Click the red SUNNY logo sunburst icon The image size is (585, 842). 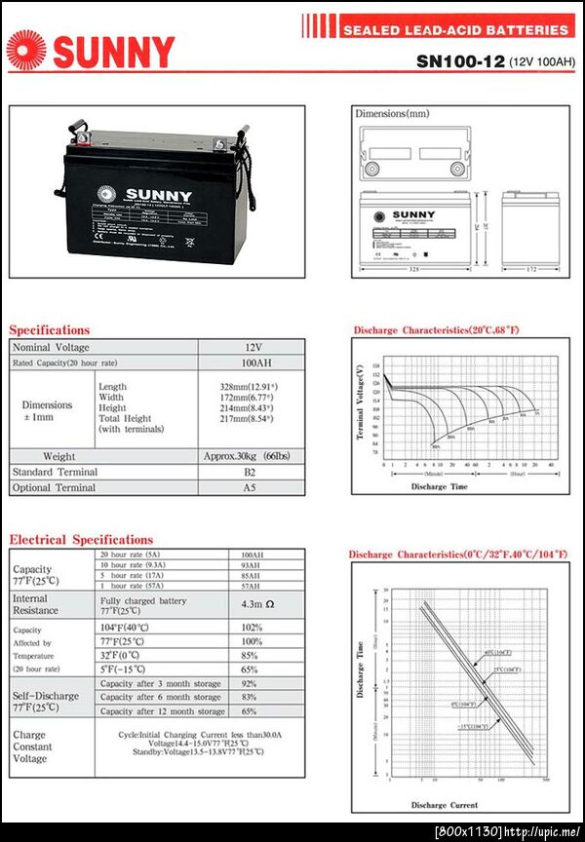click(x=26, y=50)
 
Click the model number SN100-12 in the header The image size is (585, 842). click(x=460, y=60)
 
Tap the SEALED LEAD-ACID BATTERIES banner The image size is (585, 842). click(x=455, y=30)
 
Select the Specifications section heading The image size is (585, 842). click(x=50, y=329)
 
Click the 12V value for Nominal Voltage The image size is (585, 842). click(x=253, y=347)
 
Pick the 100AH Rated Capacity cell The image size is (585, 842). click(x=253, y=364)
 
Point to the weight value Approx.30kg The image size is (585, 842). click(x=253, y=456)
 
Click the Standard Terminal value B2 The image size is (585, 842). click(x=253, y=472)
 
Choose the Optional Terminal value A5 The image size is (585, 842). click(x=253, y=487)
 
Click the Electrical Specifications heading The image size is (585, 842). click(x=81, y=539)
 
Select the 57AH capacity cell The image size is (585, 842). click(x=252, y=588)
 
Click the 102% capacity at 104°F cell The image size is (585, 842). click(x=252, y=627)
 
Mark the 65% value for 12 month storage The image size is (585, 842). click(x=252, y=711)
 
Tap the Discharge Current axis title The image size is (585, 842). click(x=444, y=805)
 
